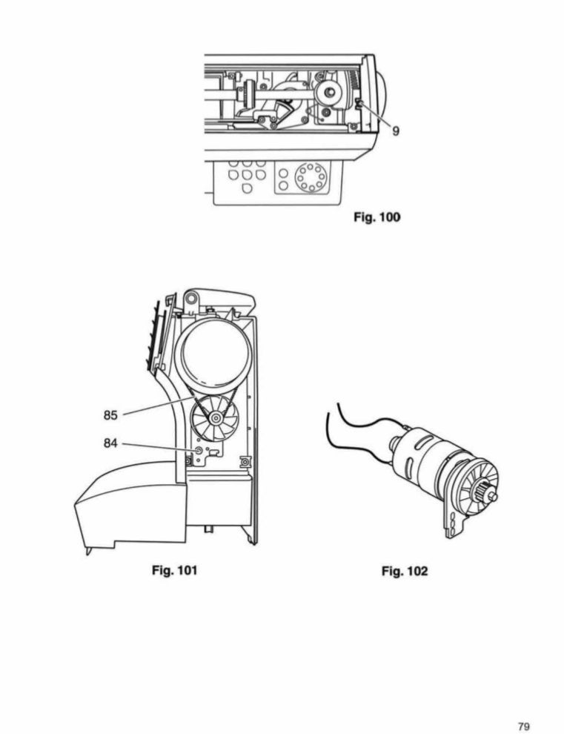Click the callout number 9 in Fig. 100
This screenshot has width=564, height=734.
(x=396, y=130)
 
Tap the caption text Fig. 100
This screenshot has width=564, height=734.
(x=376, y=218)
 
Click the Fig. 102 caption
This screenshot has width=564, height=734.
(x=405, y=572)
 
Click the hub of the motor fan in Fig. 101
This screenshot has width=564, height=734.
(x=216, y=420)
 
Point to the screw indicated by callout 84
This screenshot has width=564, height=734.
(x=198, y=450)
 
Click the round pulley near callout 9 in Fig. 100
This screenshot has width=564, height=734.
(x=326, y=92)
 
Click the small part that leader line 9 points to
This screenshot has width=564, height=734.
(x=358, y=104)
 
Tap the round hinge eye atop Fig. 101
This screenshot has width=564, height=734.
(x=191, y=298)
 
